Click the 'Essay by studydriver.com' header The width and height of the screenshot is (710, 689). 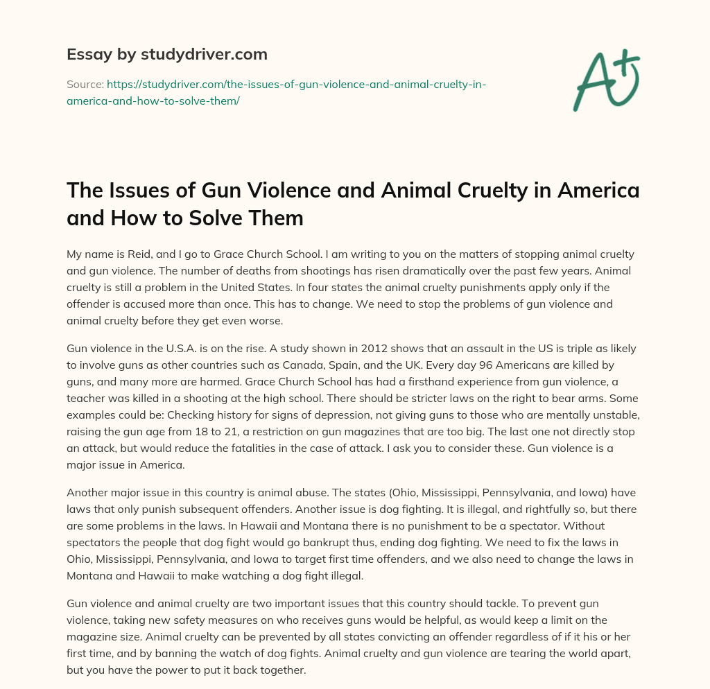click(x=167, y=54)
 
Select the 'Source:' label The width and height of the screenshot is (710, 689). click(x=85, y=85)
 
